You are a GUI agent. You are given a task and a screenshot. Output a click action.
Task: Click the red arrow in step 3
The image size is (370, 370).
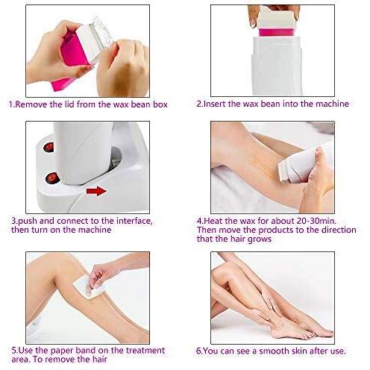tap(96, 191)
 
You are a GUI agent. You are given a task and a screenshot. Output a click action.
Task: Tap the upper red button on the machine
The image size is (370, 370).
tap(48, 147)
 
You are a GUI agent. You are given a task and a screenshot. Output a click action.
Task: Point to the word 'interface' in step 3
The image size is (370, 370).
tap(134, 221)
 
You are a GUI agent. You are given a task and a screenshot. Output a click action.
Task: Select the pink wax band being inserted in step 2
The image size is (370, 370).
tap(277, 33)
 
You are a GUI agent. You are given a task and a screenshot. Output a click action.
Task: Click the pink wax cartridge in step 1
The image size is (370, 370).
tap(69, 60)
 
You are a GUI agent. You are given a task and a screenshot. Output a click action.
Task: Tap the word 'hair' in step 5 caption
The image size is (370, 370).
tap(99, 360)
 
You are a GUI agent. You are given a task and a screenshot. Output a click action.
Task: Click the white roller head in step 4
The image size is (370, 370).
tap(285, 172)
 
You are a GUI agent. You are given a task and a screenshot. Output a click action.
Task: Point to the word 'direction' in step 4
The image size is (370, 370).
tap(339, 230)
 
